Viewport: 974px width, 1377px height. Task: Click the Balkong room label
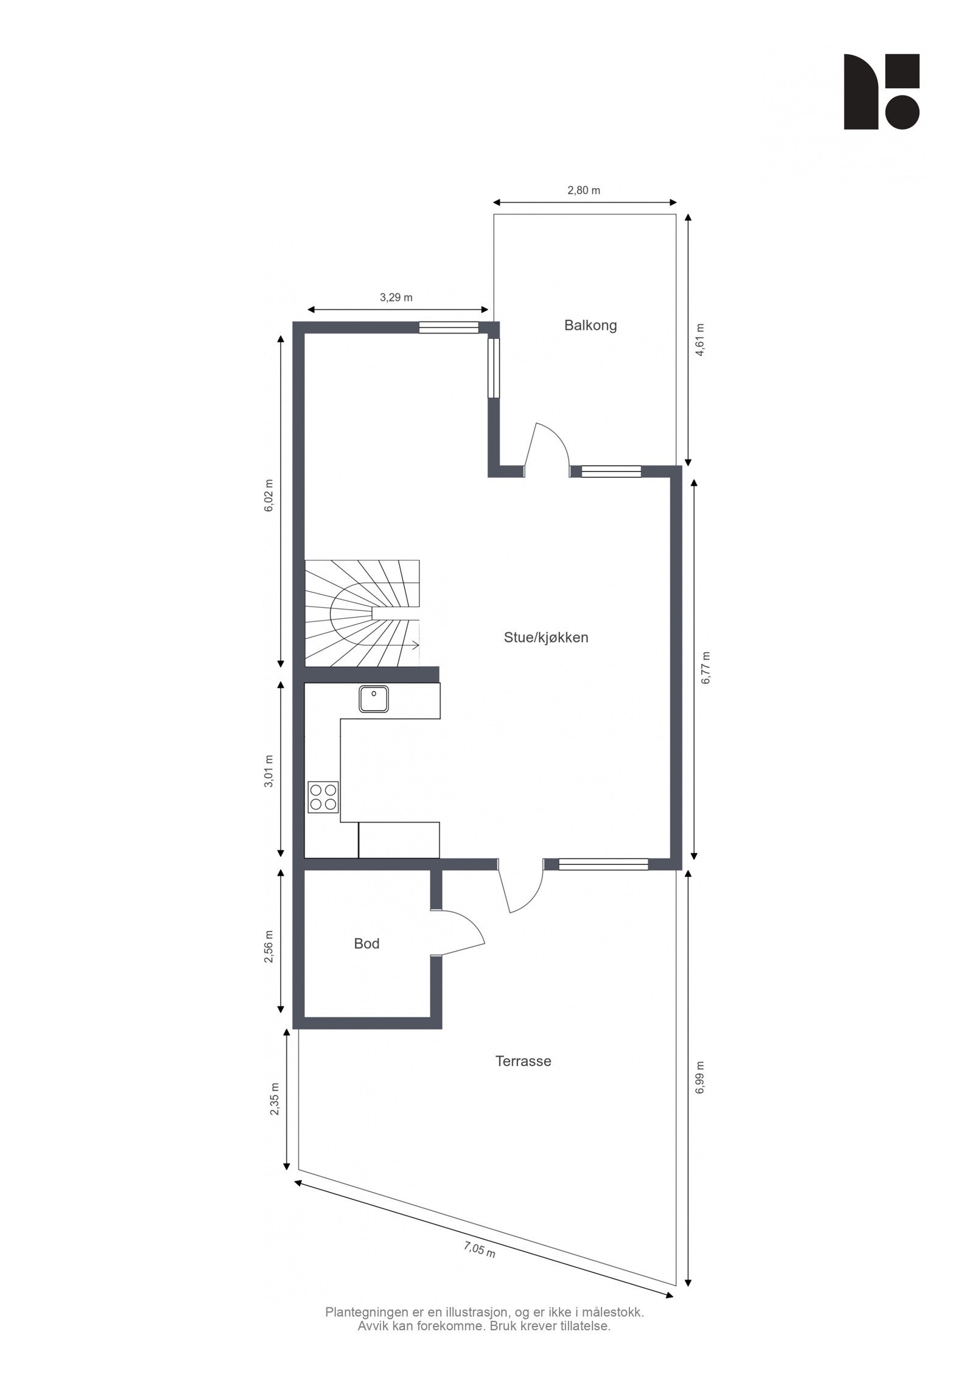590,325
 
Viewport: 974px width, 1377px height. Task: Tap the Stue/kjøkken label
545,638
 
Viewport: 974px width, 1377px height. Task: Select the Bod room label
366,944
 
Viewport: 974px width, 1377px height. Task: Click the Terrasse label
523,1061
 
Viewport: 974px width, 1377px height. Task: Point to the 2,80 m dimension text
584,190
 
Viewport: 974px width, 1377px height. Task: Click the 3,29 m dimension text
396,298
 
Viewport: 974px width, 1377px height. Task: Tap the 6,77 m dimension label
706,668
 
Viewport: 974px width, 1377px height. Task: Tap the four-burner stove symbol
323,797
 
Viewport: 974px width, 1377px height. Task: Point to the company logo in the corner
881,92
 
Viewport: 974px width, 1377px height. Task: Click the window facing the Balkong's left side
494,368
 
